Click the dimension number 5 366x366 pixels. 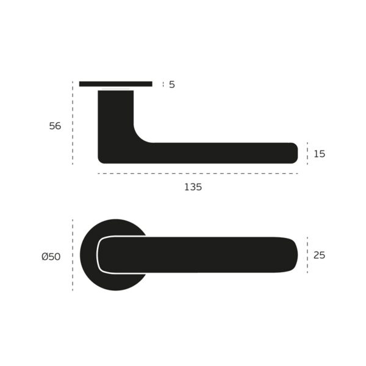click(172, 84)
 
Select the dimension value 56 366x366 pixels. click(56, 126)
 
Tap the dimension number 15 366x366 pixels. click(319, 154)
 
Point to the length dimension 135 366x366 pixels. click(193, 187)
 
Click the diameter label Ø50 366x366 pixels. click(51, 256)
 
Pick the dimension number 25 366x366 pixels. click(319, 255)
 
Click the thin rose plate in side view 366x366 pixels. click(116, 84)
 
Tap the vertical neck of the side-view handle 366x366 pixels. click(115, 116)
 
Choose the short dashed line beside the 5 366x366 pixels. click(163, 84)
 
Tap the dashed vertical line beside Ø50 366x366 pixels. click(73, 255)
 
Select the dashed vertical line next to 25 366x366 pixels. click(307, 254)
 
